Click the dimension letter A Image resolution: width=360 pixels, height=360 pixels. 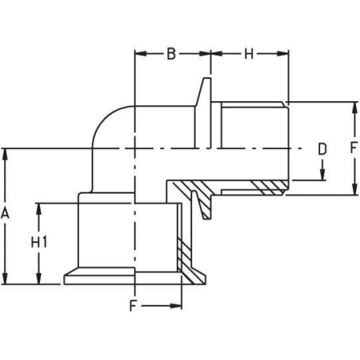[5, 213]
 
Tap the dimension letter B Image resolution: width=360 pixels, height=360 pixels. [171, 53]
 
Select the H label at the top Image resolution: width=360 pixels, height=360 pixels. [248, 53]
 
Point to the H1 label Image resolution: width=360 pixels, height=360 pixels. [39, 242]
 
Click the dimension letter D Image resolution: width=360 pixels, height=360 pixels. [323, 149]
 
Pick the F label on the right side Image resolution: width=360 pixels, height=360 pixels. [353, 148]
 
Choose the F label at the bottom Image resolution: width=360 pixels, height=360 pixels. [133, 306]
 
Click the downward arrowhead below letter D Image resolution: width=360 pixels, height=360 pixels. [323, 174]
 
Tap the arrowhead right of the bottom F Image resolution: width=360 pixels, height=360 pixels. [176, 306]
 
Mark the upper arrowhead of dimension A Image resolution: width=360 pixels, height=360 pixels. [5, 155]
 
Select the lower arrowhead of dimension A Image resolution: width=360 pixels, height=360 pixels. [5, 278]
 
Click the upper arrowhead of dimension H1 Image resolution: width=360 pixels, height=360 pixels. [39, 209]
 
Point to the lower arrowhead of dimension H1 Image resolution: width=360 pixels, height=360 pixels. [39, 278]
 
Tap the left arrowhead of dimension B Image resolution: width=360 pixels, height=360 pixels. [141, 53]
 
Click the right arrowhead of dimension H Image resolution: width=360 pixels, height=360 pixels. [283, 53]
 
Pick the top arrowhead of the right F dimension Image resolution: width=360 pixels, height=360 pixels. [354, 108]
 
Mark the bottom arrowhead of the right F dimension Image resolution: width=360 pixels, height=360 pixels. [354, 189]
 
